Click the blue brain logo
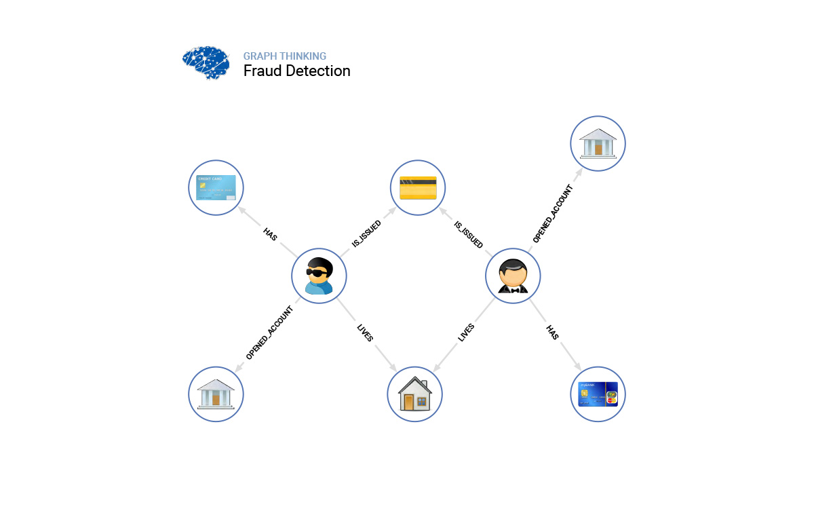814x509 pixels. pos(206,63)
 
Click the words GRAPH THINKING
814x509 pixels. pos(285,56)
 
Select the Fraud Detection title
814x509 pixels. pos(297,71)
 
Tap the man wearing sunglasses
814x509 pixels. pos(319,276)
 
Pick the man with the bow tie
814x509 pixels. pos(513,276)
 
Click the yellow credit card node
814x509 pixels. pos(418,188)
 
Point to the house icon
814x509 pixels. pos(414,394)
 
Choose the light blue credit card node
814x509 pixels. pos(216,188)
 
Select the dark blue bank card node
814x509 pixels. pos(598,394)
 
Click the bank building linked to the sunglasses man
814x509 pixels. pos(216,394)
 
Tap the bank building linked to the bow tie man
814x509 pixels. pos(598,143)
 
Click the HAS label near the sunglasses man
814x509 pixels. pos(271,235)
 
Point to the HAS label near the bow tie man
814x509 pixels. pos(552,332)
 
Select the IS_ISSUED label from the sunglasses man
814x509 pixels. pos(366,233)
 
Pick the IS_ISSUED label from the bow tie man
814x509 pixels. pos(468,234)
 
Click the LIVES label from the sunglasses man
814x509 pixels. pos(365,333)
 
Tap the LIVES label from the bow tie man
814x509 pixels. pos(466,333)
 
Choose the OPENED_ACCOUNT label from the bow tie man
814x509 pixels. pos(553,214)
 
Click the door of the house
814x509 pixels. pos(408,402)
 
